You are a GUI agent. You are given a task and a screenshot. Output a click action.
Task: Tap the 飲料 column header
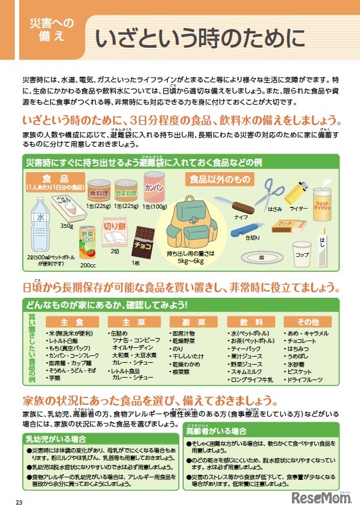pos(251,322)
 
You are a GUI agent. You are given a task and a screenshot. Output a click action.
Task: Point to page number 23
pos(19,501)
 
